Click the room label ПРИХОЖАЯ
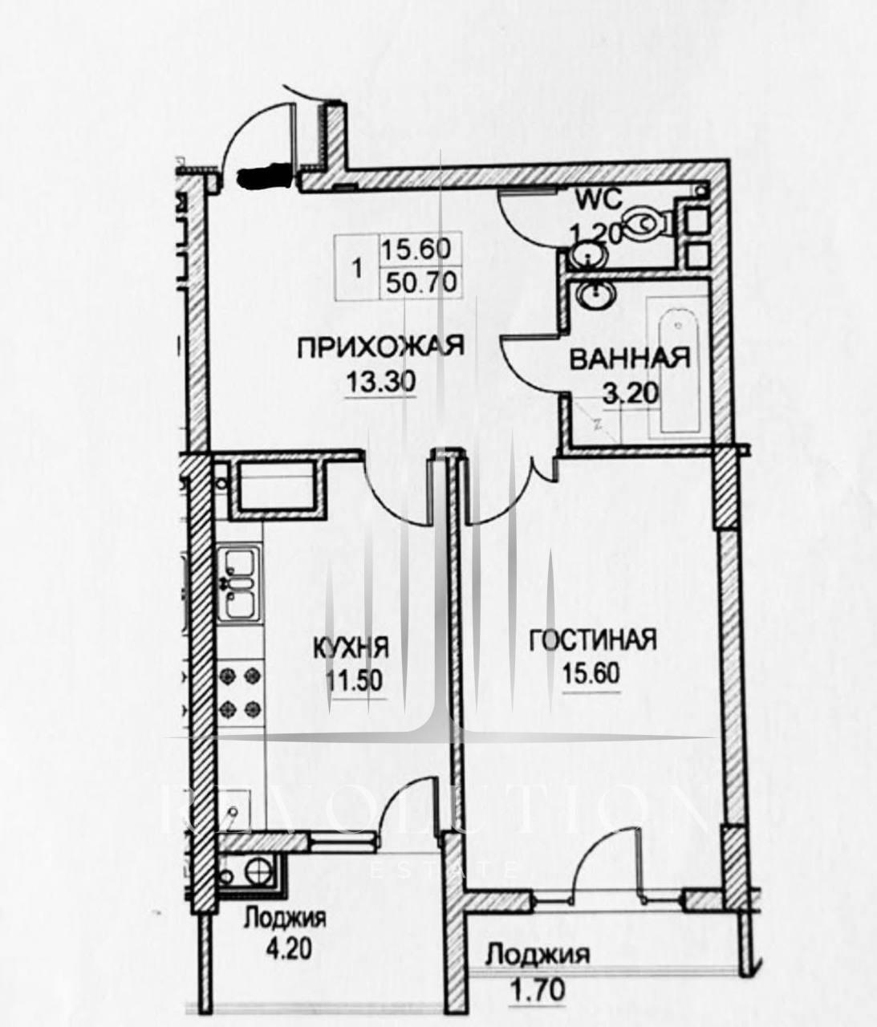click(380, 347)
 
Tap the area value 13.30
click(380, 382)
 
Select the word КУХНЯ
click(351, 647)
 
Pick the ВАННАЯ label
click(630, 358)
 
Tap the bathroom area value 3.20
click(631, 393)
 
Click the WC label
click(599, 199)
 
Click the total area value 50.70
click(421, 282)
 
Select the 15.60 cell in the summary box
click(416, 248)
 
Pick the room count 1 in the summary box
click(357, 270)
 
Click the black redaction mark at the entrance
click(264, 176)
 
